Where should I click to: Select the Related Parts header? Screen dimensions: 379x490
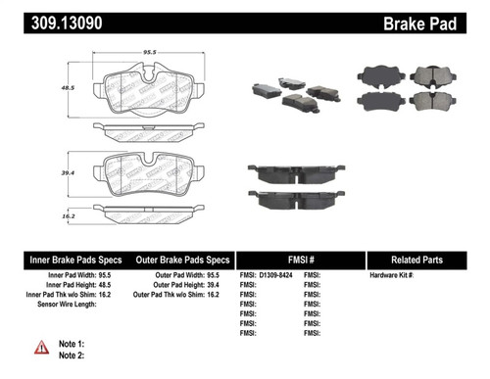click(426, 260)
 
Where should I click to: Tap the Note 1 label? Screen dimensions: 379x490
click(71, 343)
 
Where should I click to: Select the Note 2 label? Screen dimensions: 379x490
click(71, 355)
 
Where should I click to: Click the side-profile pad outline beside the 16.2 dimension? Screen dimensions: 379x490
click(147, 210)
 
